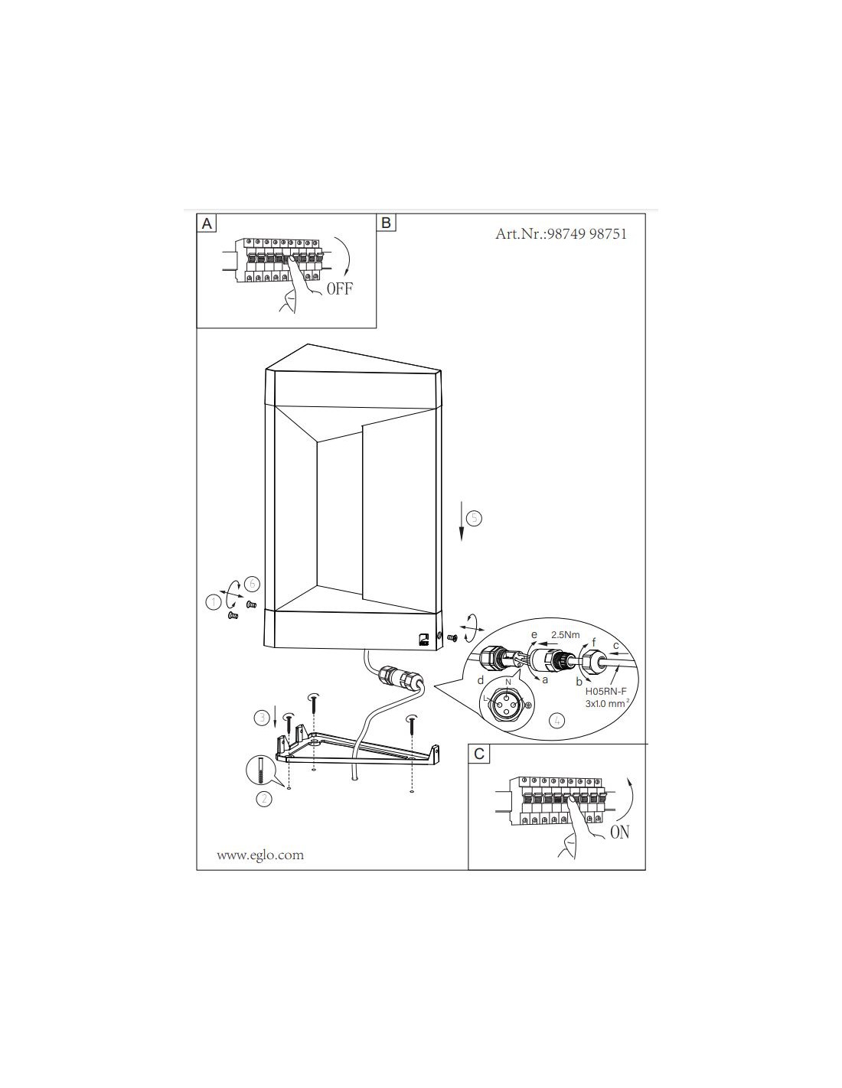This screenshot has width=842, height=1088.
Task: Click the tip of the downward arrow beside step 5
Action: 462,541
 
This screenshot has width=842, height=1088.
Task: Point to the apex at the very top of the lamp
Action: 308,344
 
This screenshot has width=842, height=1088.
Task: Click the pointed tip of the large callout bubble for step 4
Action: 434,686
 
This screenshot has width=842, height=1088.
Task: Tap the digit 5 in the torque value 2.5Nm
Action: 563,635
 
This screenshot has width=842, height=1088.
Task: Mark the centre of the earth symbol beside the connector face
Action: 527,705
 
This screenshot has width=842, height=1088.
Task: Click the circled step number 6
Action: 253,584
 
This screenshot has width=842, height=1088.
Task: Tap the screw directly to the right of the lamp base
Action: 452,638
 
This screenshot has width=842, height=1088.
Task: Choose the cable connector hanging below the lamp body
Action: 399,677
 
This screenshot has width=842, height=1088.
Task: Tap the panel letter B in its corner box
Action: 386,223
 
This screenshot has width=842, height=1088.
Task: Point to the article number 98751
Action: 608,234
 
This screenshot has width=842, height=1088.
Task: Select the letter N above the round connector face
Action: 508,682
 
